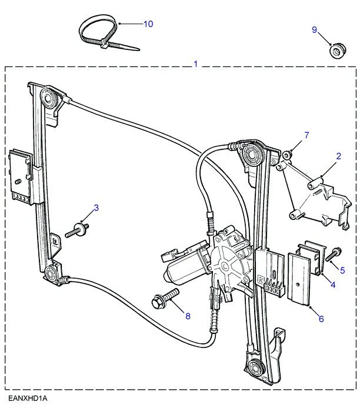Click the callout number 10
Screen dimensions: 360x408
point(148,24)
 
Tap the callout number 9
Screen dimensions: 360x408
point(315,29)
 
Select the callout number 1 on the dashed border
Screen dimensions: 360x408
point(195,63)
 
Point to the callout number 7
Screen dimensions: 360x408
point(306,135)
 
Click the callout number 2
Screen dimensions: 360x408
point(338,156)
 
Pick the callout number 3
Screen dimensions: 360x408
point(96,208)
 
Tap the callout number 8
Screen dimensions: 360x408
point(188,316)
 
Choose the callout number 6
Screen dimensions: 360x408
point(321,319)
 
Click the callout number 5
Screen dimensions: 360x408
point(342,270)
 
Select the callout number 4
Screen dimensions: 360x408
point(333,285)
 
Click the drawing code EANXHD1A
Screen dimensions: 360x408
point(28,399)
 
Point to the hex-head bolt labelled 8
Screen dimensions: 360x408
point(165,299)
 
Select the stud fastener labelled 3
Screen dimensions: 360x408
point(77,230)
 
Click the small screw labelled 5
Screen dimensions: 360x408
point(333,254)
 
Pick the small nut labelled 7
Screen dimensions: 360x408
point(287,155)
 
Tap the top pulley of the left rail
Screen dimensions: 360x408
point(48,98)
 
